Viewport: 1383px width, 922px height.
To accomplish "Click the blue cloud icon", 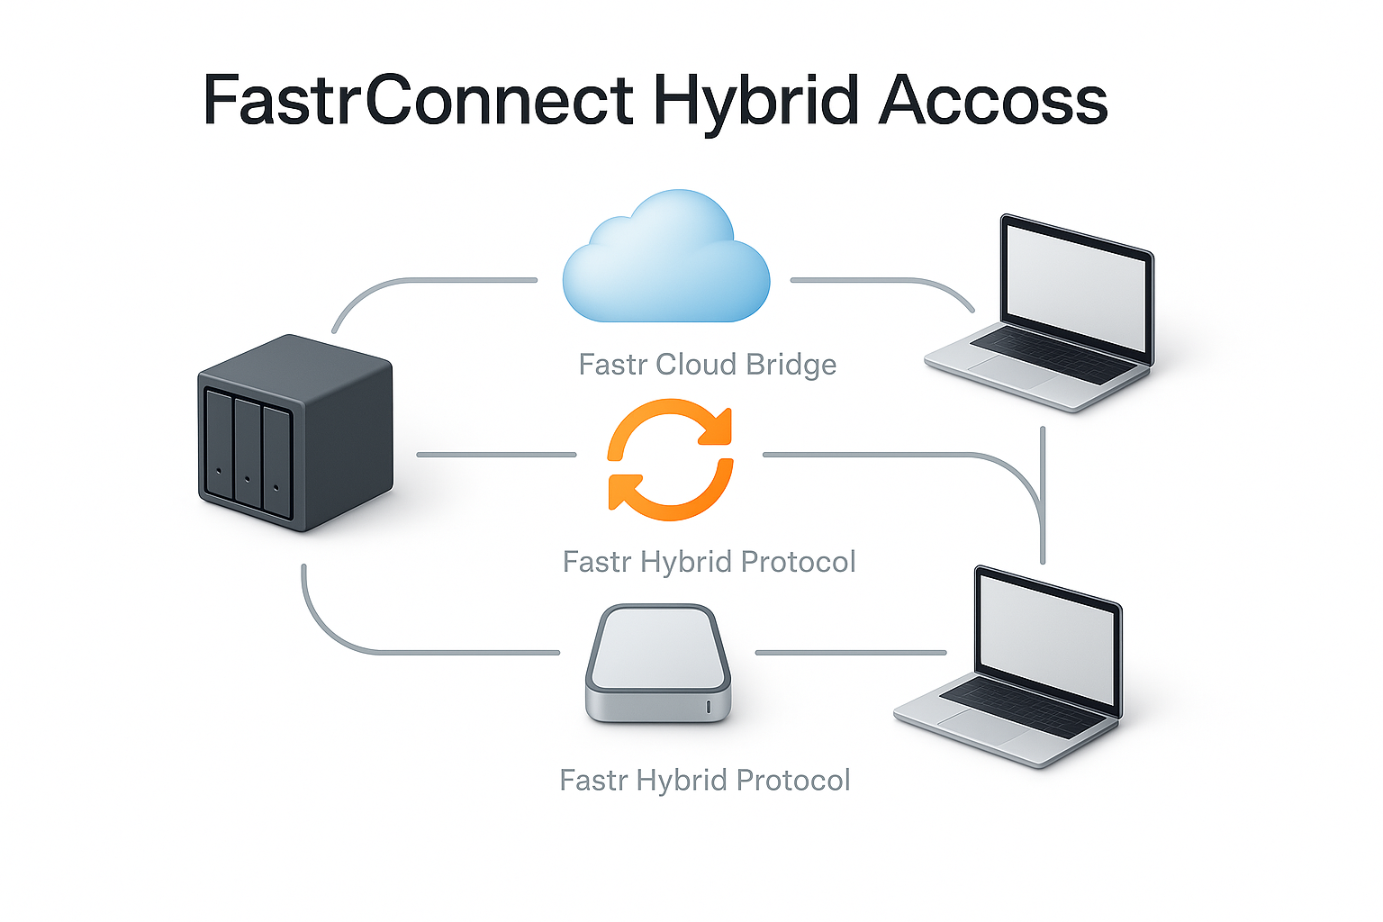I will [x=666, y=259].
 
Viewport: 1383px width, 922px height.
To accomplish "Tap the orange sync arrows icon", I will [x=670, y=459].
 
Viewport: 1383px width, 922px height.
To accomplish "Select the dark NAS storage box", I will [x=295, y=432].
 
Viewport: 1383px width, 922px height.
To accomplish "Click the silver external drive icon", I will [x=658, y=663].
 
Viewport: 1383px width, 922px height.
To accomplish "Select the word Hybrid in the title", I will [x=756, y=101].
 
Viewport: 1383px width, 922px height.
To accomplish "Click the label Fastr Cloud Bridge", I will [x=708, y=365].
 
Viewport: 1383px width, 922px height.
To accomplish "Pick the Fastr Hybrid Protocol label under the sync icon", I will [x=710, y=562].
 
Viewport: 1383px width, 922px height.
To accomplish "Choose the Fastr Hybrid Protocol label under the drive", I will [x=705, y=780].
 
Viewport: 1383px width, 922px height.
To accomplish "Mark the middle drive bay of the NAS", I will [x=247, y=452].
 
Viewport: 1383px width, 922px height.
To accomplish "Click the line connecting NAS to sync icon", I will [x=495, y=455].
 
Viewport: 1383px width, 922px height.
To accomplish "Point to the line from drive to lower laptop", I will [x=851, y=652].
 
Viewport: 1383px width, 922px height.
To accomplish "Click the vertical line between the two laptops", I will [x=1043, y=495].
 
